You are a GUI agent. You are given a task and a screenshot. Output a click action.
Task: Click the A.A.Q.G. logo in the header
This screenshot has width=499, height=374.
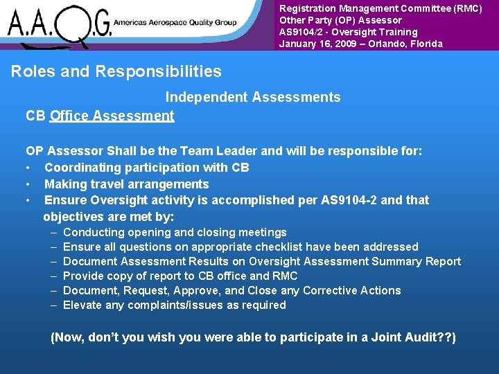59,25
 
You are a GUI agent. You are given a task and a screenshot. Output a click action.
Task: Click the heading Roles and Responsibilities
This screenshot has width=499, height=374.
116,71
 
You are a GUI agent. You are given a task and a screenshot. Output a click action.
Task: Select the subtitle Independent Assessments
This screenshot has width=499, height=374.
252,98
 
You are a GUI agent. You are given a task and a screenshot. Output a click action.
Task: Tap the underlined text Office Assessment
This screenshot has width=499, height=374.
112,116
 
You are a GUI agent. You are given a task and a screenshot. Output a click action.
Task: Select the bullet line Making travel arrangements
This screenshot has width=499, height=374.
126,184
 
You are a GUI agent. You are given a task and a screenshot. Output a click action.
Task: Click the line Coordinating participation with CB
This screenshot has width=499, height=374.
146,168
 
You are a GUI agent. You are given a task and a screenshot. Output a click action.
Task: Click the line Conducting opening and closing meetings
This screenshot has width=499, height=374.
174,233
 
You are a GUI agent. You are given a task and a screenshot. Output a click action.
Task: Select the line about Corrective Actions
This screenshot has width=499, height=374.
231,291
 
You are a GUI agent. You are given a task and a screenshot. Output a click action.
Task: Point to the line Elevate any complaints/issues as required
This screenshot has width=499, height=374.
174,305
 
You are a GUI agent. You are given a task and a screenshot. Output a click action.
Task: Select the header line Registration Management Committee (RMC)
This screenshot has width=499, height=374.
380,8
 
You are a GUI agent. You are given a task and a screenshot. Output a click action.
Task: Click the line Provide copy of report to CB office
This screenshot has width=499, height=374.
176,276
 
